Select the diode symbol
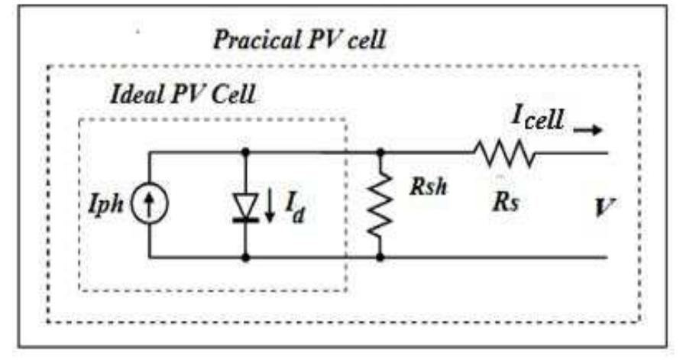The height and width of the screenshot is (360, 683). point(245,205)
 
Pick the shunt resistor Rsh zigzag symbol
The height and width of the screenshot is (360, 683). point(380,205)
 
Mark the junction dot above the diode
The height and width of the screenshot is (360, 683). point(245,152)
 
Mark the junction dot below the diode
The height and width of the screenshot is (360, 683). point(245,258)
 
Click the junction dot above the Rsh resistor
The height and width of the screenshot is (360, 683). point(380,152)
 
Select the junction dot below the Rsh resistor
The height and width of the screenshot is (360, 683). point(380,258)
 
